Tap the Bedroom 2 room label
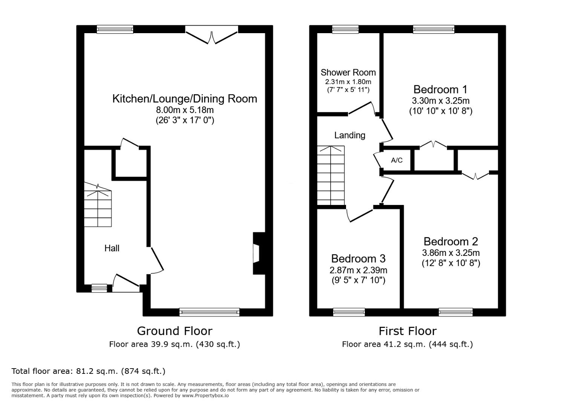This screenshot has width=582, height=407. click(451, 242)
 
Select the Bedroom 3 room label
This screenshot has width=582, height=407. click(358, 259)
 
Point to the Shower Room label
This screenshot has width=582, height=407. click(348, 72)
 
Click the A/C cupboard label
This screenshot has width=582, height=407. click(397, 160)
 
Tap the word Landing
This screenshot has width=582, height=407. click(350, 135)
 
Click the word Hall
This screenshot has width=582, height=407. click(112, 248)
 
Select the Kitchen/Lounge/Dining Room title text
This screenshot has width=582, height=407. click(185, 99)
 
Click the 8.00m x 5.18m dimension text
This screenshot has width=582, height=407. click(185, 110)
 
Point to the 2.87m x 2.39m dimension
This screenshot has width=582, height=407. click(358, 270)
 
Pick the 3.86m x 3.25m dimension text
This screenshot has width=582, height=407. click(451, 253)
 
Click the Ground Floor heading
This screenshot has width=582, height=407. click(175, 331)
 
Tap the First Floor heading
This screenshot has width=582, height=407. click(407, 331)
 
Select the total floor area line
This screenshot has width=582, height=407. click(88, 371)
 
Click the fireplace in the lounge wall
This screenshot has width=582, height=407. click(259, 254)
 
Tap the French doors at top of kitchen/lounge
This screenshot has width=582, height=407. click(212, 35)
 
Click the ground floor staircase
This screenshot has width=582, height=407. click(98, 205)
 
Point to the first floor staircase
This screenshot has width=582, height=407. click(331, 176)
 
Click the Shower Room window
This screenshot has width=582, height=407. click(345, 29)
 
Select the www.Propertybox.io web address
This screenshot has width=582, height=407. click(205, 396)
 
